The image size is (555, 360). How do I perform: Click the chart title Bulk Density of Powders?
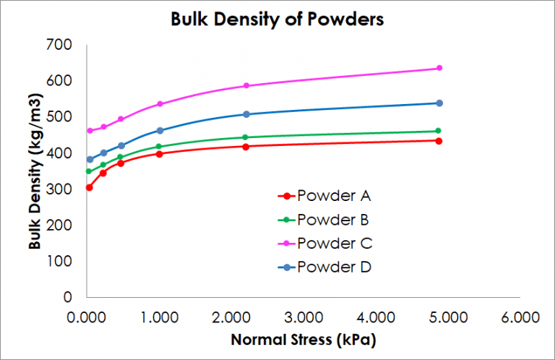point(277,19)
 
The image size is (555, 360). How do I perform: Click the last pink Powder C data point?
point(439,68)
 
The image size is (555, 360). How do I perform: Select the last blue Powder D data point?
point(439,103)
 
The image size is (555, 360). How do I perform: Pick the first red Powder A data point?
point(89,187)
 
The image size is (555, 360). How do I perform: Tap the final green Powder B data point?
point(439,131)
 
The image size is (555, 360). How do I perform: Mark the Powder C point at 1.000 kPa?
point(160,104)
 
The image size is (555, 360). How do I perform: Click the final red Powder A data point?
point(439,140)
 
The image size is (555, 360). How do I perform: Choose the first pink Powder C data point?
point(90,131)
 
